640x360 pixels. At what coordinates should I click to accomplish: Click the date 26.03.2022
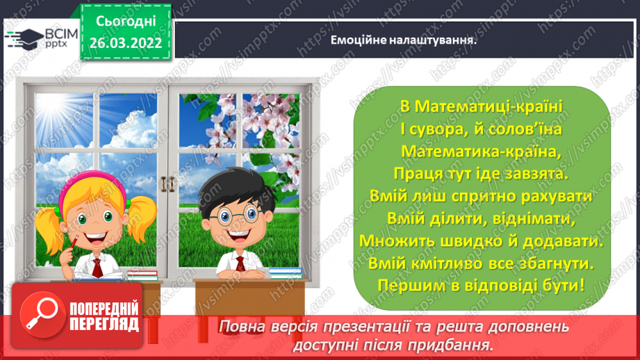125,42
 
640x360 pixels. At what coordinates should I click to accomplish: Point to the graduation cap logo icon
23,38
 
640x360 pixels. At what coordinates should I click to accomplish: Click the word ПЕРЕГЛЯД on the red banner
105,323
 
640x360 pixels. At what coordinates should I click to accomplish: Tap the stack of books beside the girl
142,276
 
